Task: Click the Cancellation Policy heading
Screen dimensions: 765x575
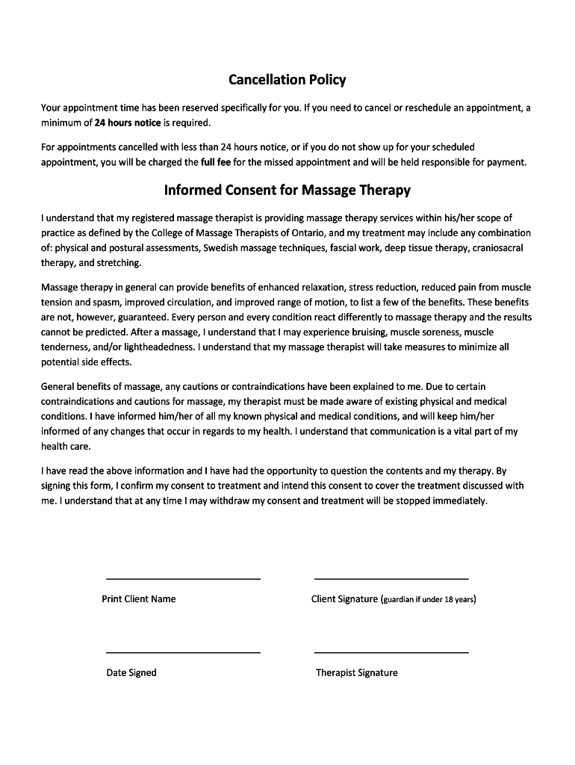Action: (287, 79)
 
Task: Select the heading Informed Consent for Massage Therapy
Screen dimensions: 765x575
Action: (287, 190)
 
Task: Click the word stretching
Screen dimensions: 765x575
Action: (119, 263)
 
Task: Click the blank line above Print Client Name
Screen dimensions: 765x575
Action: (184, 577)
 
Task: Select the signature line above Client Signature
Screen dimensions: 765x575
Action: (391, 577)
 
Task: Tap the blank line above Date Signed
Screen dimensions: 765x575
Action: (184, 651)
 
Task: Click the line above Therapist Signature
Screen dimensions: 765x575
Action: (391, 651)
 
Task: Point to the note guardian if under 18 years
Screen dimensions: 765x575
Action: (428, 599)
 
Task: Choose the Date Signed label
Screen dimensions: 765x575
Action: (131, 672)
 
